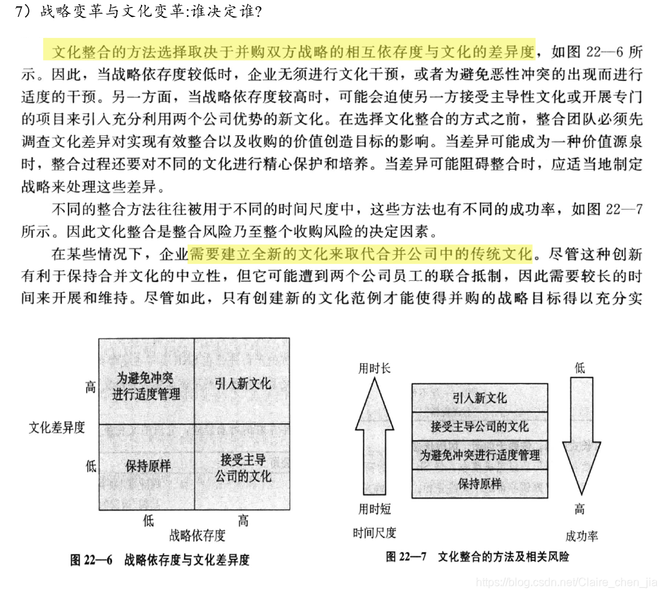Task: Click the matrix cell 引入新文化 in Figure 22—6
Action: point(242,384)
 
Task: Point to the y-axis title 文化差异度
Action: point(56,427)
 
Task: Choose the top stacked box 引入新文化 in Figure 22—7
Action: point(479,398)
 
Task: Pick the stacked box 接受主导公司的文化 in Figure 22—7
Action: point(479,427)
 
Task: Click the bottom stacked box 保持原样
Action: point(479,484)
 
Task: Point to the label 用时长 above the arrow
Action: point(374,368)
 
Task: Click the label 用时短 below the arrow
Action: point(374,509)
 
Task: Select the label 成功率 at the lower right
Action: point(581,536)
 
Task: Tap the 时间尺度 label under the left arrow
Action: point(374,533)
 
